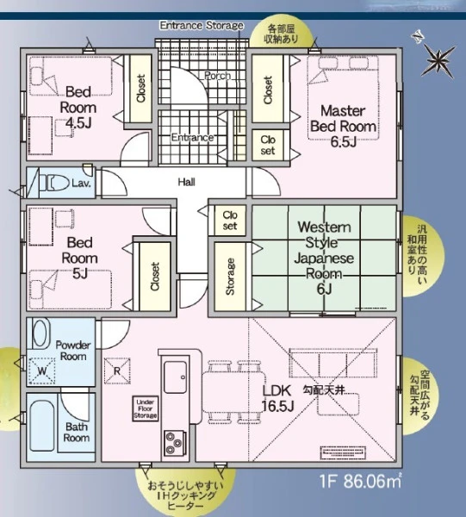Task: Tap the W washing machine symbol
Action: tap(41, 371)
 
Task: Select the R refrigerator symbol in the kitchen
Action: tap(117, 371)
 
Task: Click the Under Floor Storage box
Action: tap(145, 408)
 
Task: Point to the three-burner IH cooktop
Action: tap(175, 443)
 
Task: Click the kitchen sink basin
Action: tap(176, 377)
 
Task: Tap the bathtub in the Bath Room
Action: tap(42, 426)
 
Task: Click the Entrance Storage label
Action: tap(202, 25)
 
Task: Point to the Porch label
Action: tap(218, 76)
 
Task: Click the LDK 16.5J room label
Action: tap(277, 398)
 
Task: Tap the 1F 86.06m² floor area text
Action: tap(361, 482)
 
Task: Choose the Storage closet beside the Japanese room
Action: tap(230, 277)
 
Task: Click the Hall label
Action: tap(187, 182)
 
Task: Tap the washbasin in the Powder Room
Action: tap(40, 333)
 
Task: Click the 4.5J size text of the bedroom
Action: tap(78, 123)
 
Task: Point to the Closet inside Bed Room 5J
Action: tap(155, 277)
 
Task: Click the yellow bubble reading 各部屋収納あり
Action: tap(282, 34)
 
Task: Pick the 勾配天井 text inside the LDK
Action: tap(324, 391)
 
